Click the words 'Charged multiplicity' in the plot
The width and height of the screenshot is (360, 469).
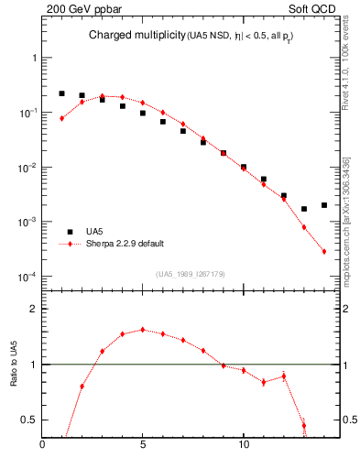(127, 36)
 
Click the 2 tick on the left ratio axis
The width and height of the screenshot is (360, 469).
(33, 310)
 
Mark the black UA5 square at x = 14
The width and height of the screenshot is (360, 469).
(324, 205)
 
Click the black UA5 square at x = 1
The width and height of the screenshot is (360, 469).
(61, 93)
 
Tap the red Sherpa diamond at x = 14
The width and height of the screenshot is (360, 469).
(324, 252)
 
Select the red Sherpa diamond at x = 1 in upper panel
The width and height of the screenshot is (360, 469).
(61, 118)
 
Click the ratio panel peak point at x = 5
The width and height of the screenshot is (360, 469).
(143, 330)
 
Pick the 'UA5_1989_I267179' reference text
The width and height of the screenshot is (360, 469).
(191, 274)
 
